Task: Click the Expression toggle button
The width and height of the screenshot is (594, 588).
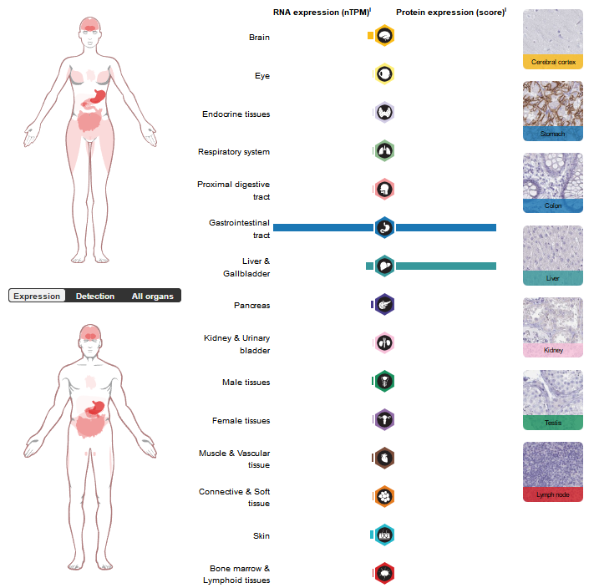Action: (x=37, y=296)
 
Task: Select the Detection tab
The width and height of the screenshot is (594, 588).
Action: (x=94, y=296)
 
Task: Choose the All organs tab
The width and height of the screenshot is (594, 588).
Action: (x=153, y=296)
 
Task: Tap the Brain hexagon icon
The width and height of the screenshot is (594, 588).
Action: (x=384, y=36)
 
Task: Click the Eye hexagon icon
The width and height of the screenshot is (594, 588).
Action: (x=384, y=74)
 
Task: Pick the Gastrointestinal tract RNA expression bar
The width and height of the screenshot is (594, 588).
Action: (x=322, y=227)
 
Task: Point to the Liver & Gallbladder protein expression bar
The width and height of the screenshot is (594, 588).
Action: (x=446, y=266)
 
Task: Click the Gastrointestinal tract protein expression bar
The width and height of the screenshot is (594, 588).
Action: (x=446, y=227)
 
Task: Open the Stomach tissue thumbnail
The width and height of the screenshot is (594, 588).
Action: (x=552, y=110)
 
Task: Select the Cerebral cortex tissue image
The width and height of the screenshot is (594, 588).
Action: (x=552, y=38)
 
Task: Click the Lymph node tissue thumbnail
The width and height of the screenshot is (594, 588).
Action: (x=552, y=471)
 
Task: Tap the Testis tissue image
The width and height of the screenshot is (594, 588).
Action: (x=552, y=399)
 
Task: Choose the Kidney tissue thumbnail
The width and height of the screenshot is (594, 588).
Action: (x=552, y=327)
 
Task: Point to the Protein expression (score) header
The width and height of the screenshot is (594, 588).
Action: (x=449, y=13)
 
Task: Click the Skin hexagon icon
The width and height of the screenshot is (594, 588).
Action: (x=384, y=535)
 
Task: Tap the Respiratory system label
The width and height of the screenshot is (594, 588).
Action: (x=234, y=152)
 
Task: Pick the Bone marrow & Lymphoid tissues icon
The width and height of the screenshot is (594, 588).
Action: (x=384, y=573)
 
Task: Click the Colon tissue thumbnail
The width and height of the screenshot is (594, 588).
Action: (x=552, y=182)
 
